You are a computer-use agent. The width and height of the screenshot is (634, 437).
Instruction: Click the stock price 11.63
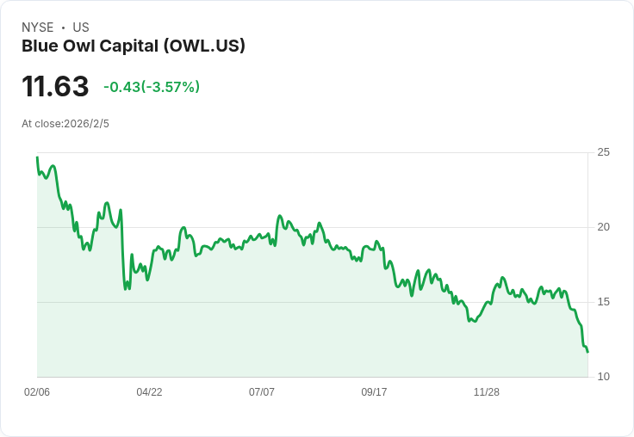pyautogui.click(x=55, y=86)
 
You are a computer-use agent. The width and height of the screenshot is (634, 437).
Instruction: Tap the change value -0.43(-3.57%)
pyautogui.click(x=152, y=87)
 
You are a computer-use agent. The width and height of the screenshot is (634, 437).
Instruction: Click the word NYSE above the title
pyautogui.click(x=38, y=28)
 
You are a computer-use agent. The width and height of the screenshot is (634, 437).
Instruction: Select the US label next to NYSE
pyautogui.click(x=81, y=28)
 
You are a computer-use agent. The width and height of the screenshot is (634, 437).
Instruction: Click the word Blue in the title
pyautogui.click(x=40, y=46)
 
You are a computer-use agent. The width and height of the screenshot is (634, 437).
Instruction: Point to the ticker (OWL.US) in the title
pyautogui.click(x=204, y=46)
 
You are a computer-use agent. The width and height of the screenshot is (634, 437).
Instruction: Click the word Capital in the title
pyautogui.click(x=129, y=46)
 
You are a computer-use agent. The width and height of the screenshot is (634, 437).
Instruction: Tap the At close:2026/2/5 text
pyautogui.click(x=65, y=124)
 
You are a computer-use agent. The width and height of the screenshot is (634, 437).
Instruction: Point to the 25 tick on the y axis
pyautogui.click(x=603, y=152)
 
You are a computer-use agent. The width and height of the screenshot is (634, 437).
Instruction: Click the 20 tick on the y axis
pyautogui.click(x=603, y=227)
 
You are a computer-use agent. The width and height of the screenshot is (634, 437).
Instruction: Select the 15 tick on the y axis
pyautogui.click(x=603, y=302)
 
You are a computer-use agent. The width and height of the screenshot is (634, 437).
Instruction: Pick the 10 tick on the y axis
pyautogui.click(x=603, y=377)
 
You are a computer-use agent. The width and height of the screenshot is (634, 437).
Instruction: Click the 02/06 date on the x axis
pyautogui.click(x=37, y=391)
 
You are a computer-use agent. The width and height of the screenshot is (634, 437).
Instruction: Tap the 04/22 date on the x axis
pyautogui.click(x=149, y=391)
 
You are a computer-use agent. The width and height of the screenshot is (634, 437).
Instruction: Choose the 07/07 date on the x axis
pyautogui.click(x=262, y=391)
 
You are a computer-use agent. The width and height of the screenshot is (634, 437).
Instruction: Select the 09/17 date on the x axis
pyautogui.click(x=374, y=391)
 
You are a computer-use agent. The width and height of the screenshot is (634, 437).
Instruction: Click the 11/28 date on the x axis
pyautogui.click(x=487, y=391)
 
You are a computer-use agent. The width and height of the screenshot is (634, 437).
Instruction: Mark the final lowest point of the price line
pyautogui.click(x=587, y=352)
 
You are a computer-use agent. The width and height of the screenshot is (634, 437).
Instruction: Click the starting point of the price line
pyautogui.click(x=37, y=157)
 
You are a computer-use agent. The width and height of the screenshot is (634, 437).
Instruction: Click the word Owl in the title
pyautogui.click(x=78, y=46)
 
